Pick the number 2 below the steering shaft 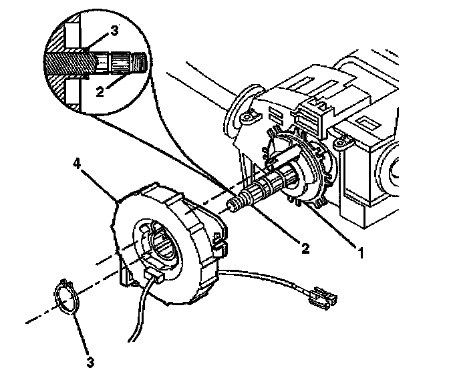(x=305, y=248)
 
